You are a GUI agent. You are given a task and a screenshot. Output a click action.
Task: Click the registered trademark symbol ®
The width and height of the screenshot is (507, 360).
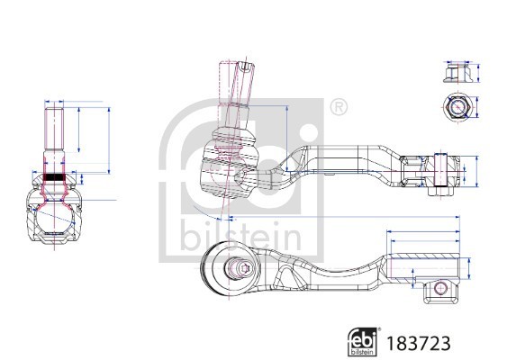338,108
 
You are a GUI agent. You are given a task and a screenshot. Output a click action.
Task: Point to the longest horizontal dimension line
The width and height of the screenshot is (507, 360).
342,217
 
